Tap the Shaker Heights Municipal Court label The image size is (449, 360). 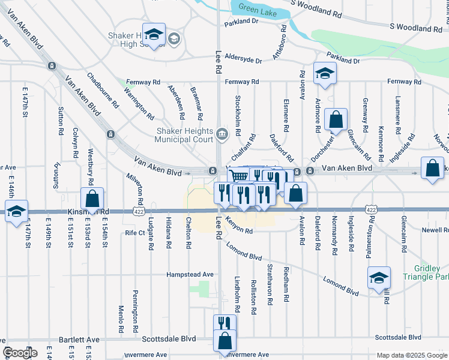(184, 136)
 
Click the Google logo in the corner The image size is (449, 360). (20, 353)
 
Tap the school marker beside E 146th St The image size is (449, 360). (16, 211)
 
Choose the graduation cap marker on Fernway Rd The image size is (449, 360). (325, 73)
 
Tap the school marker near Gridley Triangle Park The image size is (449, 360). (379, 278)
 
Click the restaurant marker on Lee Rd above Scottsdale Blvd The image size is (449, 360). (224, 323)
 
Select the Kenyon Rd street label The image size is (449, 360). (239, 226)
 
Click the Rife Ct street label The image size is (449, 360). (135, 232)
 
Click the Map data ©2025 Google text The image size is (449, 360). (411, 355)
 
